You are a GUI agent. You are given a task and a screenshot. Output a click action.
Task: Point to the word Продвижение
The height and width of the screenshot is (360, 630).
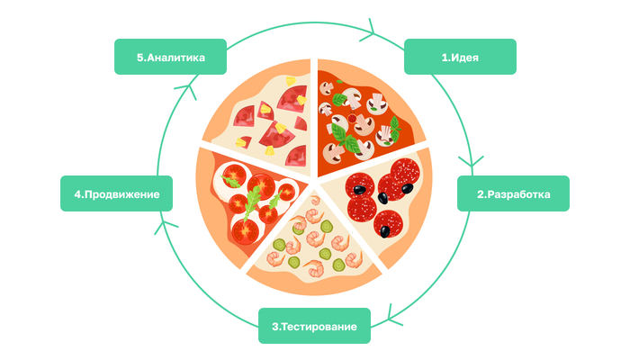tap(121, 193)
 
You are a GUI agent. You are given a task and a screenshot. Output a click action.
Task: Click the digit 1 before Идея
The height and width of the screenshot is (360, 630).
tap(443, 57)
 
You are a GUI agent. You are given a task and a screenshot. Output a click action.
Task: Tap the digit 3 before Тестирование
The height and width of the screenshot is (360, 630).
tap(273, 326)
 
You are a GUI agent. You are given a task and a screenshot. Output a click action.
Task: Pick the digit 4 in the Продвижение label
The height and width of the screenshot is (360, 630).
tap(78, 193)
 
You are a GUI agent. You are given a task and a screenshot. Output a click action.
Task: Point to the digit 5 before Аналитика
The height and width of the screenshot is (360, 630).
tap(141, 57)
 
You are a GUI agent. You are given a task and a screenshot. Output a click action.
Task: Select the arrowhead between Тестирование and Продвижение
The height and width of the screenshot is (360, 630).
tap(162, 224)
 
